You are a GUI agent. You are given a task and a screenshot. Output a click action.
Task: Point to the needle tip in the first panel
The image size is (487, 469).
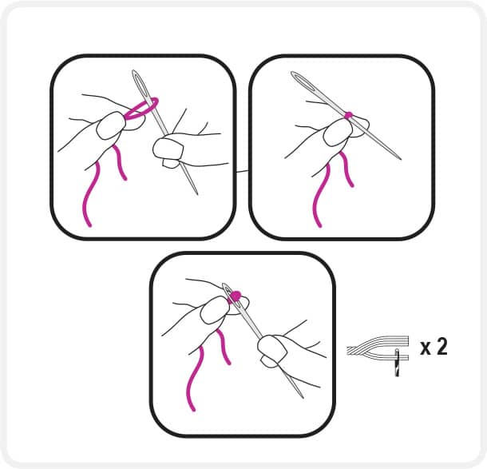point(197,194)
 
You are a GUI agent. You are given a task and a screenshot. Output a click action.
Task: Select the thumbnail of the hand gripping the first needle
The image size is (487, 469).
point(168,149)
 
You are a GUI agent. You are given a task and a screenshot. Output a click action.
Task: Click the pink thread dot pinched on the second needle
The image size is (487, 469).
point(349,114)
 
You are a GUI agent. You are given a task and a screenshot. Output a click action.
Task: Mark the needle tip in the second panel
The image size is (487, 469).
point(400,158)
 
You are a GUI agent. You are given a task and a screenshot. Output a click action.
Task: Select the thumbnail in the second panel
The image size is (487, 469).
point(336,133)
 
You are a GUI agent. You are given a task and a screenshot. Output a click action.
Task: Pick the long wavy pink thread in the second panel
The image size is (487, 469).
point(320,195)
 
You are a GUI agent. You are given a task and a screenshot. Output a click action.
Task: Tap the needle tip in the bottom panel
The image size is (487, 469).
point(303,397)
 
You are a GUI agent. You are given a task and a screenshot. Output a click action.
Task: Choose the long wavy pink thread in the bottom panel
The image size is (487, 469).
point(195,379)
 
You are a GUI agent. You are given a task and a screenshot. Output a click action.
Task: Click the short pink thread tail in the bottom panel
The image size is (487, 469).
point(224,347)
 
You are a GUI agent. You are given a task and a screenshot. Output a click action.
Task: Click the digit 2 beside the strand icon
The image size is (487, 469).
point(441,347)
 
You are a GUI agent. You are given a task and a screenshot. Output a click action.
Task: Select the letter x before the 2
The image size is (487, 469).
point(426,348)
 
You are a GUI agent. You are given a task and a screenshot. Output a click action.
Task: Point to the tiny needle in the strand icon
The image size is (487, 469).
point(397,363)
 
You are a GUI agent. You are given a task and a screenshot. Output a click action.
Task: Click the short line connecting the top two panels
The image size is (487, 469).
point(242,171)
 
